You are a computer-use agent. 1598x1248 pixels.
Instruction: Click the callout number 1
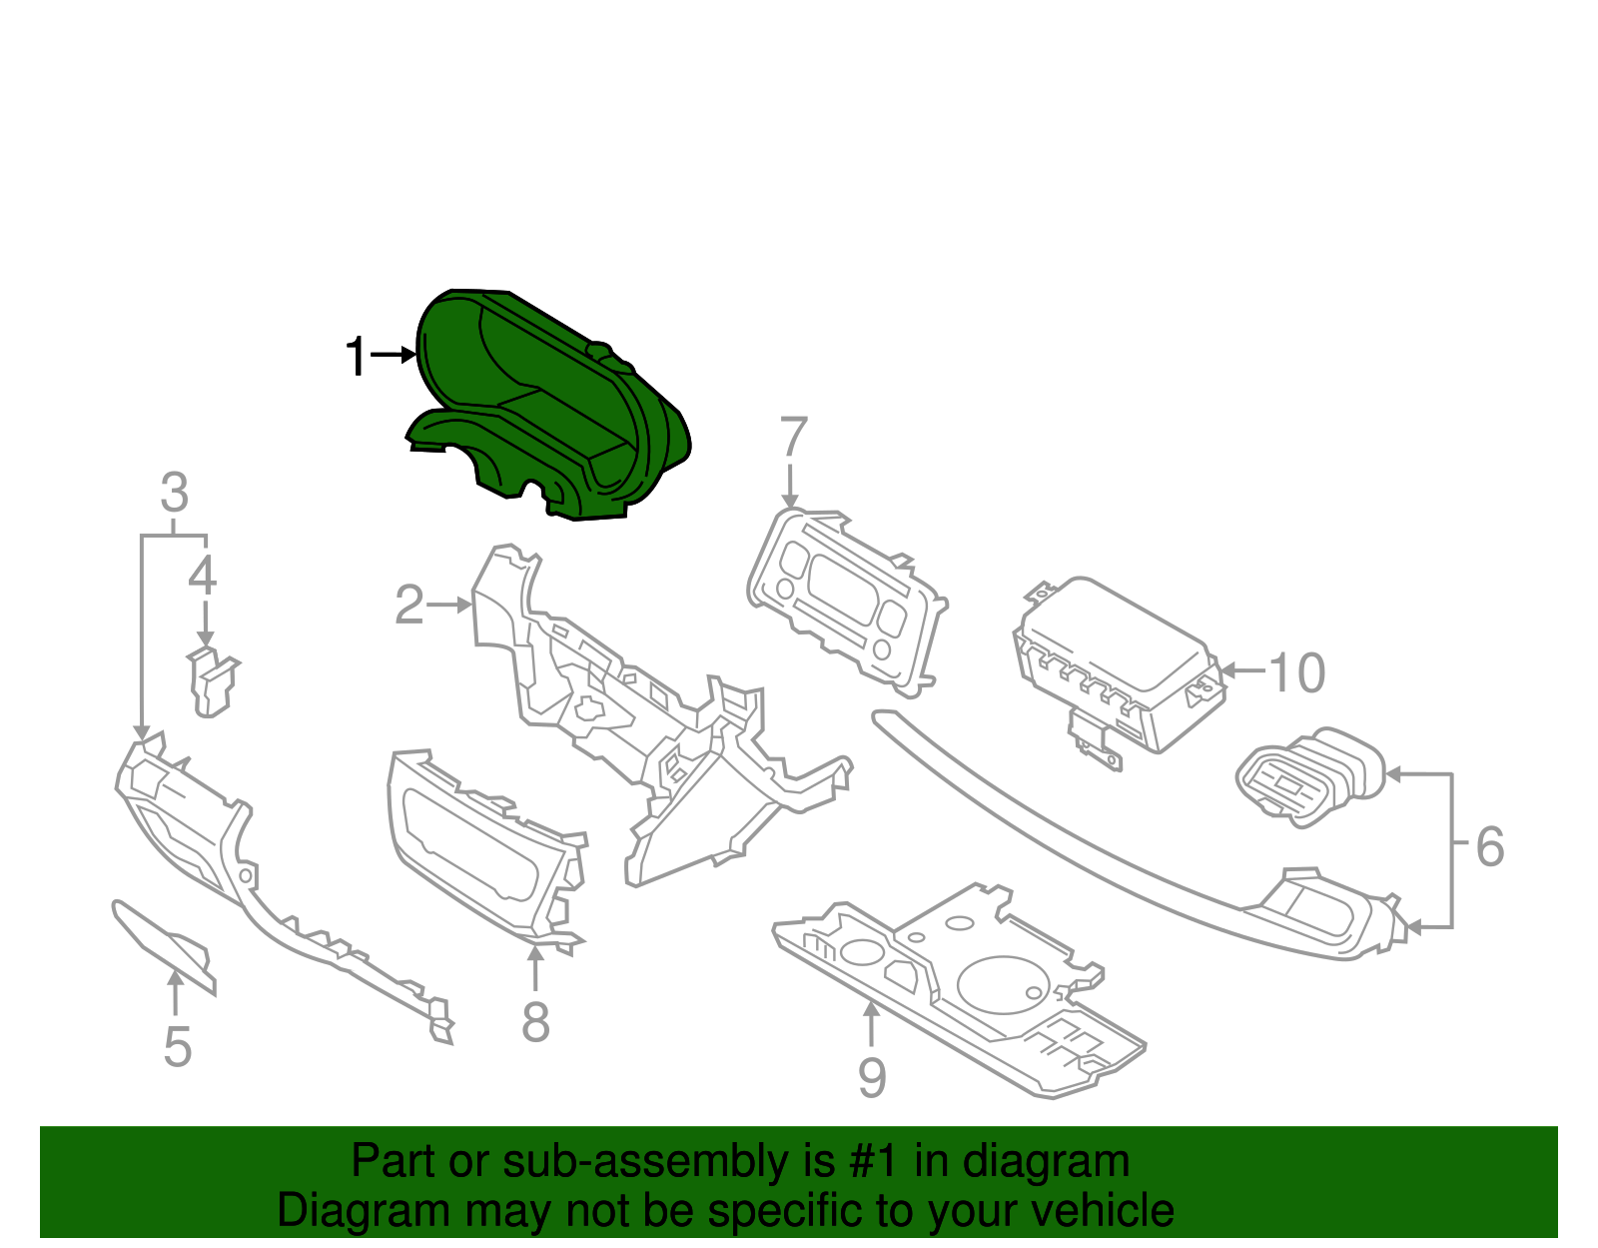[x=356, y=357]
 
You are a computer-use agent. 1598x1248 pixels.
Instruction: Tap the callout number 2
[x=408, y=606]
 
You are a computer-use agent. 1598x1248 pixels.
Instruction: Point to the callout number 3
[x=175, y=493]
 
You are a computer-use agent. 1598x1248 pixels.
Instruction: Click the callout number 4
[x=203, y=577]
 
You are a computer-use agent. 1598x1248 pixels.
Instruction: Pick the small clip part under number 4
[x=212, y=681]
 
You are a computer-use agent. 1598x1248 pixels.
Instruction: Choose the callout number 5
[x=177, y=1046]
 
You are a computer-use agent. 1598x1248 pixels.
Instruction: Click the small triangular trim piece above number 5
[x=170, y=944]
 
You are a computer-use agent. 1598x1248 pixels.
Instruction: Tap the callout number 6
[x=1489, y=847]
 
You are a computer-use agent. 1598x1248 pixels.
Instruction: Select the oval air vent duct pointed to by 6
[x=1308, y=776]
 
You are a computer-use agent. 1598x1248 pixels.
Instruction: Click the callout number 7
[x=792, y=438]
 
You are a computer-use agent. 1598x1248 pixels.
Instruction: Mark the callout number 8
[x=535, y=1022]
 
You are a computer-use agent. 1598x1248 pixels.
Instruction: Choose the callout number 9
[x=872, y=1077]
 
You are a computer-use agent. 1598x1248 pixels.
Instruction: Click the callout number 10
[x=1296, y=673]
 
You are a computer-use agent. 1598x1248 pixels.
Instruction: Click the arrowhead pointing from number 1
[x=409, y=355]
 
